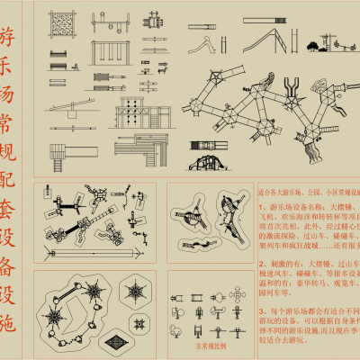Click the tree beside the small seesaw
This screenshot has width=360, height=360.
coord(311,45)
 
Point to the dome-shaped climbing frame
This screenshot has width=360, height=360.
coord(212,162)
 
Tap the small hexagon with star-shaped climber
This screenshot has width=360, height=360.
coord(138,292)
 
